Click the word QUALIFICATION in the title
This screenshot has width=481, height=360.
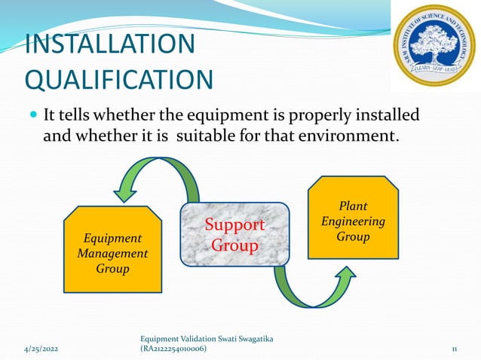tap(118, 79)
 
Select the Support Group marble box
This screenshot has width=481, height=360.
tap(234, 235)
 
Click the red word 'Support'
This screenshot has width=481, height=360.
tap(235, 224)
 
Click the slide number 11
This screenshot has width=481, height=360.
tap(455, 349)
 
